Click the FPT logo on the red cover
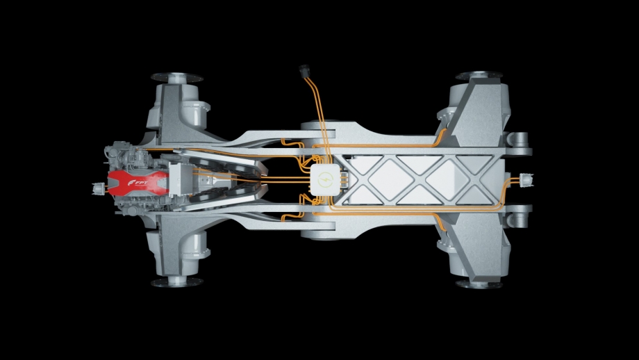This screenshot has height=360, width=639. (138, 182)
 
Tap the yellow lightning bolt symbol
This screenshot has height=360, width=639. (325, 179)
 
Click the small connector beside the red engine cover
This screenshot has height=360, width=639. (99, 188)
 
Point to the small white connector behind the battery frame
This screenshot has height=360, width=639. (526, 180)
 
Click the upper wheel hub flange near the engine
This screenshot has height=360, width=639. (177, 77)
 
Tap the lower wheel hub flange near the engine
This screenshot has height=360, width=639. (177, 281)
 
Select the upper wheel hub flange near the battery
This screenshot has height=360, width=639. (479, 76)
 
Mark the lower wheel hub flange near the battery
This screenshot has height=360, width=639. (479, 284)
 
